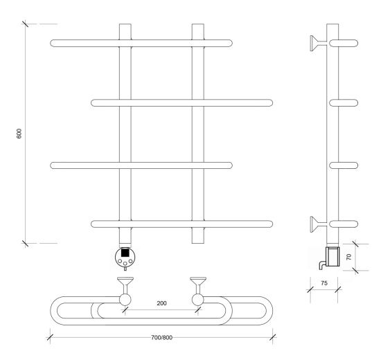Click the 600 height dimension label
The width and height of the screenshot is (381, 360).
19,134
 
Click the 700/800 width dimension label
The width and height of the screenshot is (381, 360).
162,338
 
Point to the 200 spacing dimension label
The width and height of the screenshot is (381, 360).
161,303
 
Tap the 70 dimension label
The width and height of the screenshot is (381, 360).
348,257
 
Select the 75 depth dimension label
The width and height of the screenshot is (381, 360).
324,283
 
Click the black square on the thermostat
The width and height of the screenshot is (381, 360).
125,253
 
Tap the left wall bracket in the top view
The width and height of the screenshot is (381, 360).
125,285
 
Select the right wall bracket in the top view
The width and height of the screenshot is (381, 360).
198,285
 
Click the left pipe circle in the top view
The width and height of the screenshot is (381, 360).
125,300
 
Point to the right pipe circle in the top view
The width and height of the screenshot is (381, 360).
198,300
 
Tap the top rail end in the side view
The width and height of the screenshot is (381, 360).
344,43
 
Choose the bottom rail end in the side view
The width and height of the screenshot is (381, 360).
344,224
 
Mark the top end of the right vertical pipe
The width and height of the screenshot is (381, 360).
198,24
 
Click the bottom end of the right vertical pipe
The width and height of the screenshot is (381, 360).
198,243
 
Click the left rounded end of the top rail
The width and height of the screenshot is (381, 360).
52,43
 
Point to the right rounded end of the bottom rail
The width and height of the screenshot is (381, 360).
271,224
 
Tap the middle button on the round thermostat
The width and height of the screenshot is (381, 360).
125,263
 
